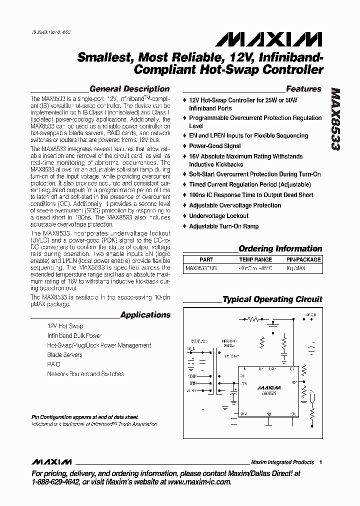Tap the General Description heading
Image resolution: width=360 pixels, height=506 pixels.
point(129,89)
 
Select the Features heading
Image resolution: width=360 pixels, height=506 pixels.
point(303,89)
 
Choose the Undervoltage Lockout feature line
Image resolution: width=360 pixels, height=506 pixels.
point(218,216)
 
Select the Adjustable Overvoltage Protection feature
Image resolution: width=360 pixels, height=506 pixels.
point(235,205)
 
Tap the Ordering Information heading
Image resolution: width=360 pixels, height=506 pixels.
point(280,248)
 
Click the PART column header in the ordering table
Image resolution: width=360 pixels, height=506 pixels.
point(206,259)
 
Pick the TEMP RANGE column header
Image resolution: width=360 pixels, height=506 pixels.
point(255,259)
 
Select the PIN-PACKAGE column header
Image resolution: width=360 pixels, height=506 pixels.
point(303,259)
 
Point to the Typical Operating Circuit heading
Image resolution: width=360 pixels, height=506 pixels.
point(272,299)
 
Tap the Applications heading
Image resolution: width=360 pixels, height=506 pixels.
point(145,315)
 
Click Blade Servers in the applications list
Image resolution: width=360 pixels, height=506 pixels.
point(64,355)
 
